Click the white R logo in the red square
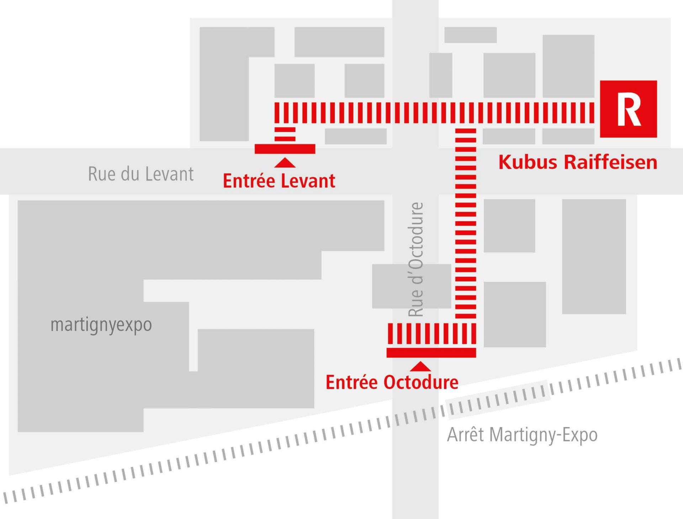[x=629, y=109]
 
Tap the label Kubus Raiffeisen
[x=578, y=162]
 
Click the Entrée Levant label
[x=279, y=181]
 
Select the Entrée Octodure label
[x=392, y=382]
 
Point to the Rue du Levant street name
[x=141, y=174]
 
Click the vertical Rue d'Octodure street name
[x=416, y=260]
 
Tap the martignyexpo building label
[x=101, y=325]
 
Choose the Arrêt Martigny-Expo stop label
[x=522, y=435]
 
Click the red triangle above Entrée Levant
[x=285, y=163]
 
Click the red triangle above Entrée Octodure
[x=420, y=366]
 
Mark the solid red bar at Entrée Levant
[x=285, y=149]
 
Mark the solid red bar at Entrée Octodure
[x=431, y=353]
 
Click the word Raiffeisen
[x=610, y=162]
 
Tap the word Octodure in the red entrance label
[x=421, y=382]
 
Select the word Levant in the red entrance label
[x=307, y=181]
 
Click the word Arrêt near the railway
[x=465, y=435]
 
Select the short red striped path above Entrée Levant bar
[x=285, y=134]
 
